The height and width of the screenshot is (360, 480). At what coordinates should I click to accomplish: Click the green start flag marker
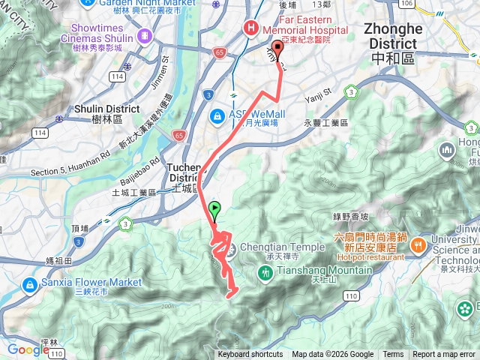pos(216,210)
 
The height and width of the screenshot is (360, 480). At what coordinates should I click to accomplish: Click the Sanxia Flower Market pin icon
pos(30,285)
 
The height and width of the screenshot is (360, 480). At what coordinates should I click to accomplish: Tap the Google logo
pos(28,349)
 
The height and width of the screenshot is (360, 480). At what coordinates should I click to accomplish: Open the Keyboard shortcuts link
pos(250,355)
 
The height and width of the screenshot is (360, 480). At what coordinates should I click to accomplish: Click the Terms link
pos(393,355)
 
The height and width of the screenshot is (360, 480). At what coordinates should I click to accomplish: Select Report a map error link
pos(444,355)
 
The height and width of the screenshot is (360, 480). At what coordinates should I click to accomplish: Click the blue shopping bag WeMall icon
pos(217,116)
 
